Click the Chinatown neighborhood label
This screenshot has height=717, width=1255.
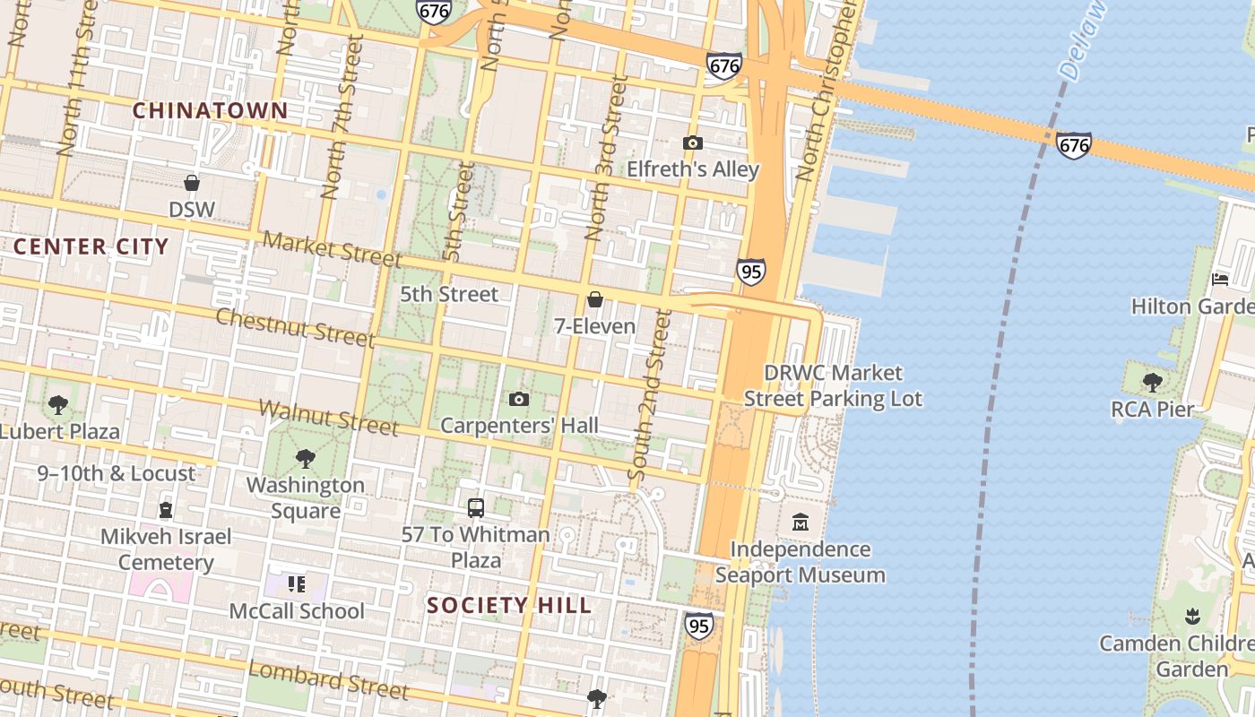pos(211,111)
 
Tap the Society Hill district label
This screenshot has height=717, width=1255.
pos(509,605)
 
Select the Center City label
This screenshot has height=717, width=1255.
pos(91,246)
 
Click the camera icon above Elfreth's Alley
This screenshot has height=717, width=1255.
pos(692,143)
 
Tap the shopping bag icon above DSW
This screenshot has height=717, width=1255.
pos(191,183)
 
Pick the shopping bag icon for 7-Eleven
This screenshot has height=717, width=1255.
pos(594,299)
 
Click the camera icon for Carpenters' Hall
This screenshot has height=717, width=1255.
pos(518,399)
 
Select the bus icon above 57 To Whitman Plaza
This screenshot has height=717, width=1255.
pos(475,508)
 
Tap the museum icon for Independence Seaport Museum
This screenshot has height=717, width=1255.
pos(800,522)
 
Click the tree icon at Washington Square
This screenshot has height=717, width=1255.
pos(305,459)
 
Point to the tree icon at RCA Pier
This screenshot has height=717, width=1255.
pos(1152,383)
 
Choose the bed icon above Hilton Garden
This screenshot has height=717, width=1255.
pos(1219,280)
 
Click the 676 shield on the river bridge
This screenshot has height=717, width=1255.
pos(1073,144)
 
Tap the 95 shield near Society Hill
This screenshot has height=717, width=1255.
pos(698,625)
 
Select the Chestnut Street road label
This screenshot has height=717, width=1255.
pos(295,327)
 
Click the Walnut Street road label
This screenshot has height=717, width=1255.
pos(328,418)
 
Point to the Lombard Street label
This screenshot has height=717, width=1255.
pos(327,678)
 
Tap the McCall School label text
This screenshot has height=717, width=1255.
pos(297,611)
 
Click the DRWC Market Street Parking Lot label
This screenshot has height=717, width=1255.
pos(833,385)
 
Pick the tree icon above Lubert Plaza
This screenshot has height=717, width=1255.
pos(58,405)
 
